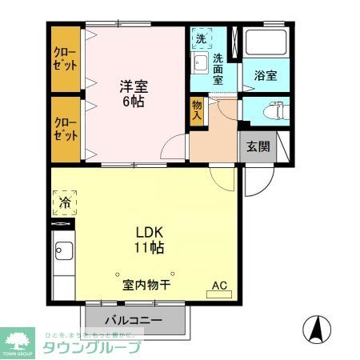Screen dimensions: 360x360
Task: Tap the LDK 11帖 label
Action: click(x=149, y=239)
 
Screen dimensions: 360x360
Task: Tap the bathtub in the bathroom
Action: click(x=265, y=43)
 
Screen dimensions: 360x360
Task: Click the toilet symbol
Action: click(x=270, y=110)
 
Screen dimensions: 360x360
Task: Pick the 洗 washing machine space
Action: click(x=201, y=38)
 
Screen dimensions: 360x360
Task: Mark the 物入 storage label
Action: click(x=197, y=110)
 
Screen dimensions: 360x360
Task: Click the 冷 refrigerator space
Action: click(x=65, y=203)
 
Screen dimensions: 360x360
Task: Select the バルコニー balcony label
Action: click(x=134, y=320)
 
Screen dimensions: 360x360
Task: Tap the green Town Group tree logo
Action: click(x=17, y=340)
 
